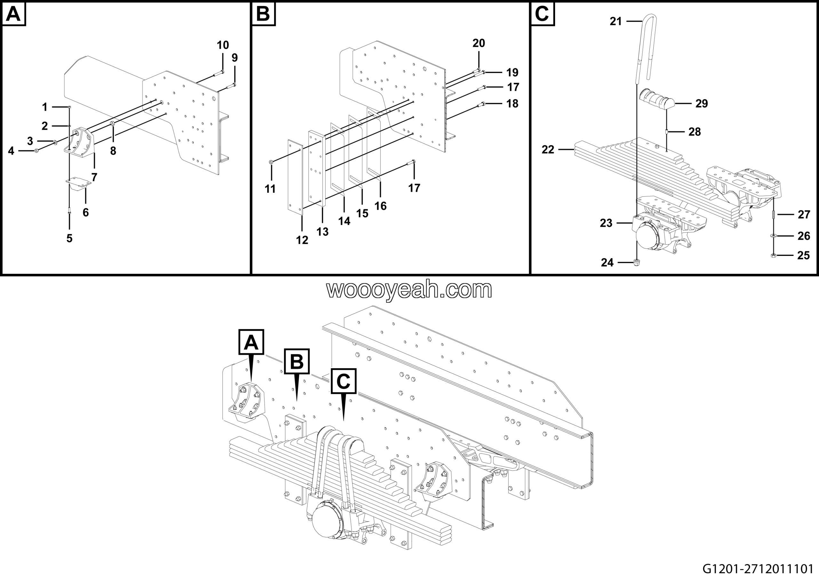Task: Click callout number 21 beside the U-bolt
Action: pos(616,21)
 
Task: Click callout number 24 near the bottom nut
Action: pos(607,263)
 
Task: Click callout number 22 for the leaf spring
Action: pos(548,149)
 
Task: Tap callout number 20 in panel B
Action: pos(479,43)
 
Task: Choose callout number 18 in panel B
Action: pos(513,103)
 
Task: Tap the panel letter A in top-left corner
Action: pos(14,14)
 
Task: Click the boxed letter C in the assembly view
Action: pos(343,381)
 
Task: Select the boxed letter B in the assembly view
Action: pos(297,361)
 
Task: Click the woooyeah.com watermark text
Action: pos(409,290)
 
